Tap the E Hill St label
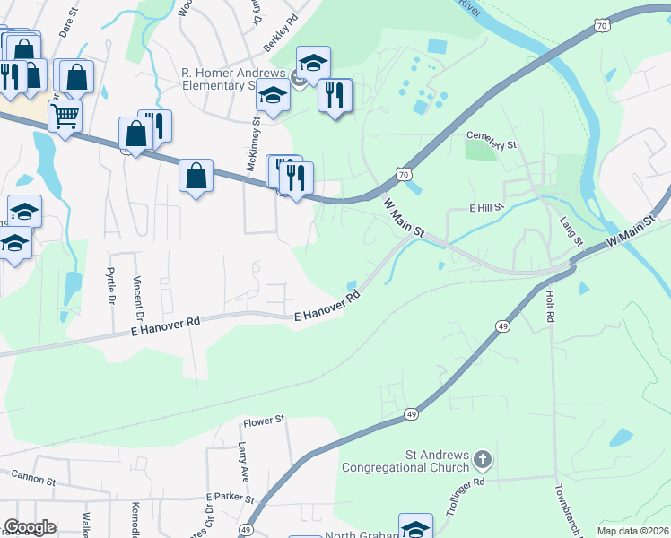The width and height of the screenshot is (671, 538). click(x=488, y=207)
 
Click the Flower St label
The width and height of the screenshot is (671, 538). click(x=264, y=420)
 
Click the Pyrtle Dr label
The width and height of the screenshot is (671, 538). click(x=111, y=285)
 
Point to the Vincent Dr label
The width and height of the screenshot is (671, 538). click(x=138, y=297)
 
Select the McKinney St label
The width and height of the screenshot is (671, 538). click(x=256, y=147)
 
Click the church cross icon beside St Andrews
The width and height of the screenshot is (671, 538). click(x=482, y=461)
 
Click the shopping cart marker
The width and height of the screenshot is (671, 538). click(x=65, y=115)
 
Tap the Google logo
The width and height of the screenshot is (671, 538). click(x=30, y=527)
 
